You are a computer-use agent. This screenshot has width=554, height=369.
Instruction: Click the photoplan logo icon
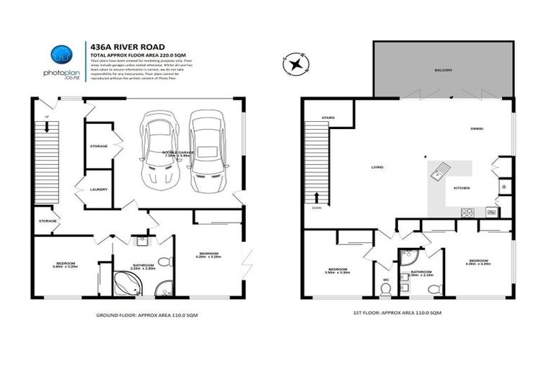[x=60, y=55]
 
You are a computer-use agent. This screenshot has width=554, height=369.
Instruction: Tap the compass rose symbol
[x=296, y=64]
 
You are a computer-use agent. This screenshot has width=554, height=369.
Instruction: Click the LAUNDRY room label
[x=99, y=190]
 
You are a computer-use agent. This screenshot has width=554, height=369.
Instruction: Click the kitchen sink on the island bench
[x=439, y=171]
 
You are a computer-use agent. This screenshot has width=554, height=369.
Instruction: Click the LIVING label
[x=377, y=167]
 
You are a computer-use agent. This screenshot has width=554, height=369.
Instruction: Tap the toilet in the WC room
[x=386, y=287]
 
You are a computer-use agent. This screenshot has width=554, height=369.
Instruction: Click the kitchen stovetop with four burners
[x=468, y=212]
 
